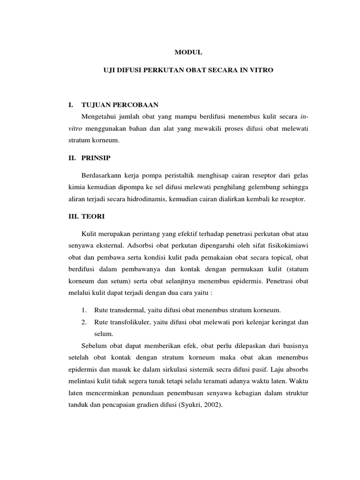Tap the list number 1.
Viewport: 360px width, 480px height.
click(x=84, y=310)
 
